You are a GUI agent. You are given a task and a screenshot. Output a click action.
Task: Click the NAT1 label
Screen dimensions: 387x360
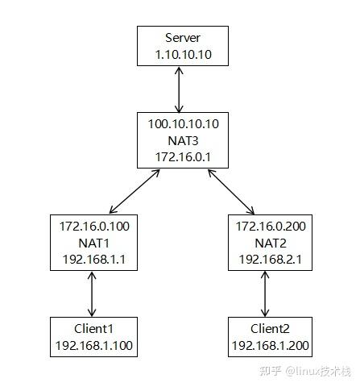pos(94,243)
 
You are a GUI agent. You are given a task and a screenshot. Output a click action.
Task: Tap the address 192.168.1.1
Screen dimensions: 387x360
pos(94,260)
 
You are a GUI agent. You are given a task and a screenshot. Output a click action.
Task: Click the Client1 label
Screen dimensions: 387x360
pos(94,330)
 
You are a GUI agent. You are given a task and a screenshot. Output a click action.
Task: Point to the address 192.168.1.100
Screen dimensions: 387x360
pos(94,347)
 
